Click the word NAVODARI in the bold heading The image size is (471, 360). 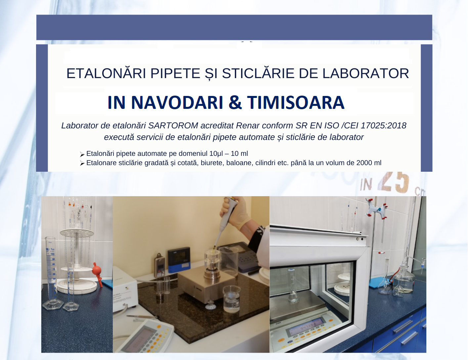point(177,102)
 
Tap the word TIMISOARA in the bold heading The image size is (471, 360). point(296,102)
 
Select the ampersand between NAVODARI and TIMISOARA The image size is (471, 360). point(235,102)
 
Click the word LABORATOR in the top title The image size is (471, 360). point(365,73)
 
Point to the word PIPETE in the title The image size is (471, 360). point(175,73)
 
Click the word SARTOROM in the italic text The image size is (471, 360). point(173,126)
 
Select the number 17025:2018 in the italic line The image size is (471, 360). point(383,126)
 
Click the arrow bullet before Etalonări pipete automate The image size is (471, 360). point(82,154)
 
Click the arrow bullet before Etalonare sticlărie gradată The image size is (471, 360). point(82,163)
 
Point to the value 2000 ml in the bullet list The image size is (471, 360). point(369,163)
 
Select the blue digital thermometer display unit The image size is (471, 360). point(179,259)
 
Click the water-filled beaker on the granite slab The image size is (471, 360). point(232,298)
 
